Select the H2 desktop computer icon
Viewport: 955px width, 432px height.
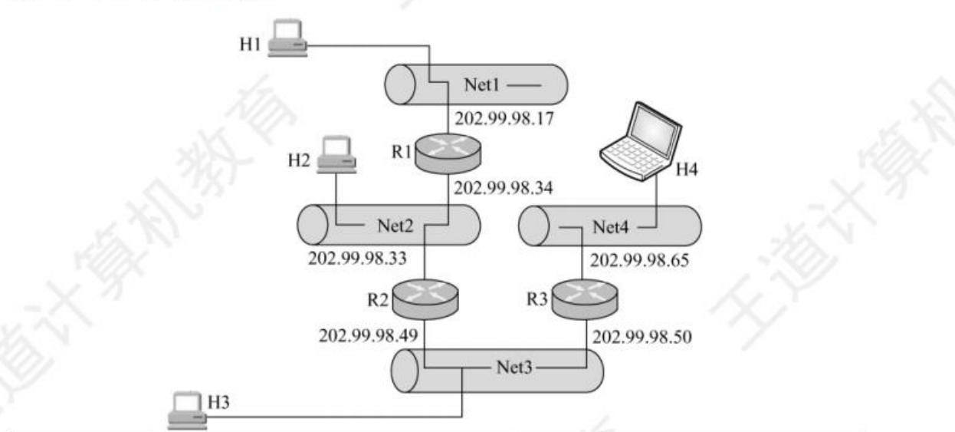(x=336, y=154)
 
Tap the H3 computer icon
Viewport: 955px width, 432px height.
(x=186, y=409)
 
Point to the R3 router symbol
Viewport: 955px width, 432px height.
(x=587, y=297)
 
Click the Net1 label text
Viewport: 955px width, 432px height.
(x=481, y=84)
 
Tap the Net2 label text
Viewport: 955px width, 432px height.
(x=395, y=226)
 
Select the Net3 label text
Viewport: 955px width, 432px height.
(x=512, y=368)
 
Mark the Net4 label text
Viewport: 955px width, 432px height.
(x=610, y=226)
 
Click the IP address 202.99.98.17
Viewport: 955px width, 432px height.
(x=504, y=120)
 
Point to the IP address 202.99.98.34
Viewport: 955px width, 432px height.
(x=503, y=186)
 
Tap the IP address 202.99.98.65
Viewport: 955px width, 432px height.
(x=639, y=260)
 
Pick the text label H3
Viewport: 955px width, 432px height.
(x=219, y=401)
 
